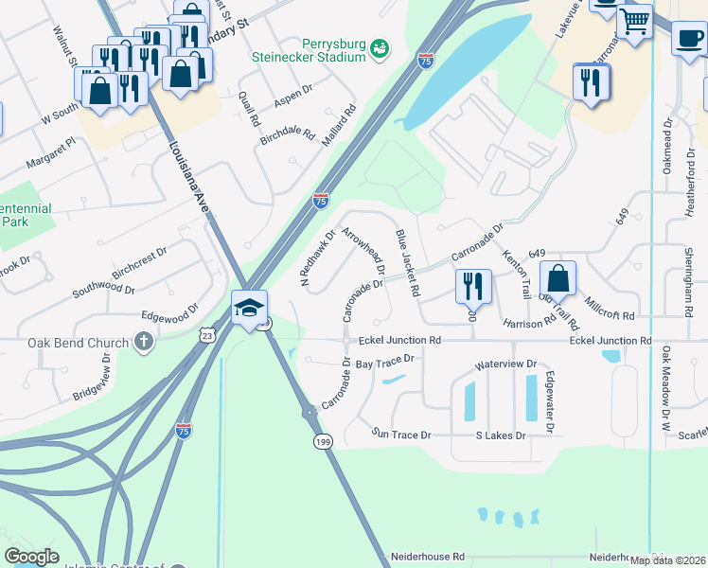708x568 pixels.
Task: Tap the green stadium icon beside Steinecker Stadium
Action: point(380,47)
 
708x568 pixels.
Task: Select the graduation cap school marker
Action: point(250,308)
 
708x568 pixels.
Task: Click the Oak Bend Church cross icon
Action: point(144,341)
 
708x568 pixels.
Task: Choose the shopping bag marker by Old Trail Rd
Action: point(558,278)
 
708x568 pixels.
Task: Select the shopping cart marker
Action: point(634,20)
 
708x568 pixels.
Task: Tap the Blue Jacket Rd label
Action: point(407,263)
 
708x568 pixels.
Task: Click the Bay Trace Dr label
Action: point(385,361)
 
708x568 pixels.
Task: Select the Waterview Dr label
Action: point(505,364)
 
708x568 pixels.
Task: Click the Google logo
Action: point(31,557)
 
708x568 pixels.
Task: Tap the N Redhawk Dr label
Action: point(318,257)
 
